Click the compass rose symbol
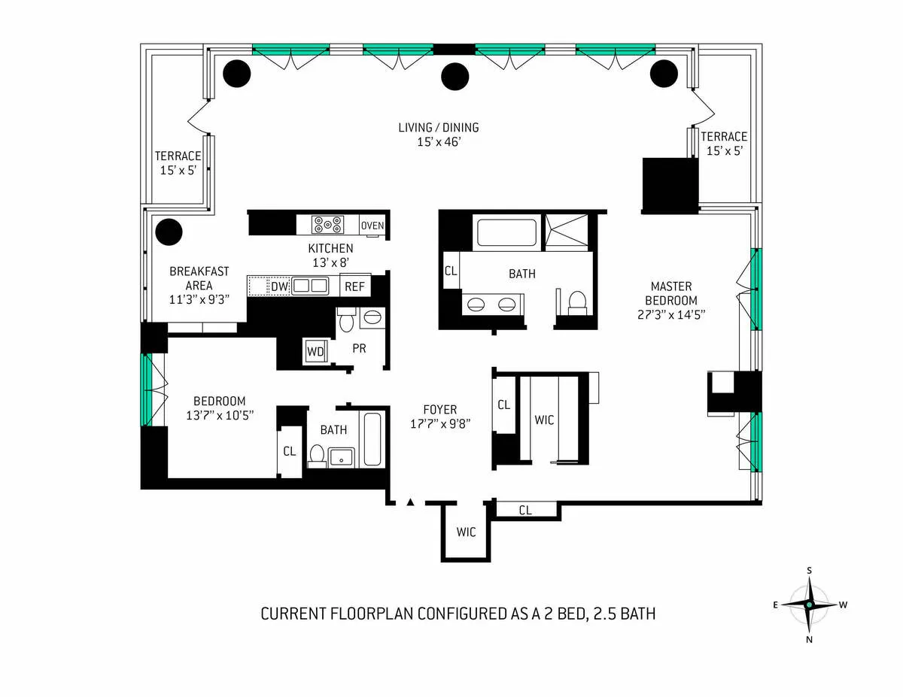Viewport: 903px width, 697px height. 809,605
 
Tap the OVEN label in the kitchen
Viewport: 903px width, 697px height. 372,226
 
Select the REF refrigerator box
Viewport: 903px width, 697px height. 354,286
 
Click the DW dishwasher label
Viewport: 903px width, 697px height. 280,286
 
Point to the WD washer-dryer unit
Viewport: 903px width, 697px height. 315,350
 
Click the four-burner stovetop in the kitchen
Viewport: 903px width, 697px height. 328,224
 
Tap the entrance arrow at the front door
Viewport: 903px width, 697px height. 410,502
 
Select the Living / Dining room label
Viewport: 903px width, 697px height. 438,134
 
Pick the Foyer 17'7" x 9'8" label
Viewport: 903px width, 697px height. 440,417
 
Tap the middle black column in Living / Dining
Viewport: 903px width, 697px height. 455,75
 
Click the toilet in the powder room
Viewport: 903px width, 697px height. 346,321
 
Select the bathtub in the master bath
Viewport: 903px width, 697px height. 507,232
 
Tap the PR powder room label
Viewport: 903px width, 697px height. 359,349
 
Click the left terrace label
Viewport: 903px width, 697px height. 178,163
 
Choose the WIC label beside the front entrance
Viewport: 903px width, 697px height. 466,532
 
